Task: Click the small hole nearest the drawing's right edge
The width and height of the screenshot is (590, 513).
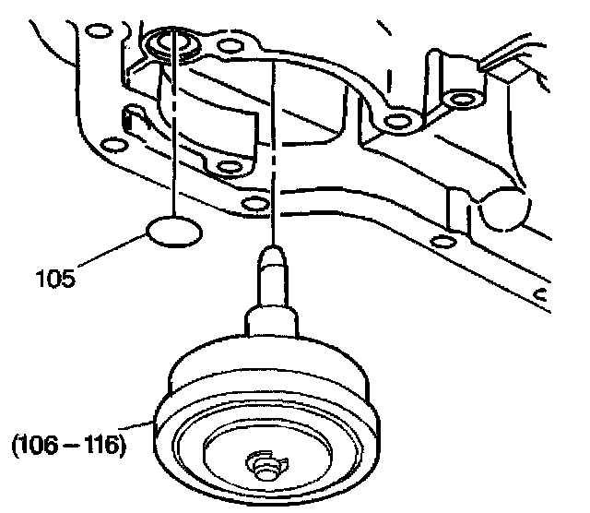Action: (544, 295)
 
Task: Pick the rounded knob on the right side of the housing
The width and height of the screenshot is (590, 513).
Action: (502, 210)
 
